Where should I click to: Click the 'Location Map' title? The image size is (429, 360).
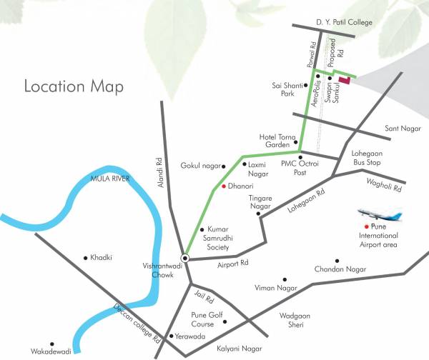click(74, 87)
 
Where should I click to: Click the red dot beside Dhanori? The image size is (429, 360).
click(223, 186)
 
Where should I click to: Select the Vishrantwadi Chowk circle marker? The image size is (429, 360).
click(185, 258)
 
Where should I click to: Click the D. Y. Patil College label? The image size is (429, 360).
click(345, 23)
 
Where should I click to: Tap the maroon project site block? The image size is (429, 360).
click(344, 80)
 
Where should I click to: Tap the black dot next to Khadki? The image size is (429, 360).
click(86, 257)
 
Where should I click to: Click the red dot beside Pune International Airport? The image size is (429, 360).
click(366, 226)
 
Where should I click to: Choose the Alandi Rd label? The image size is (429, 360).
click(162, 168)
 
